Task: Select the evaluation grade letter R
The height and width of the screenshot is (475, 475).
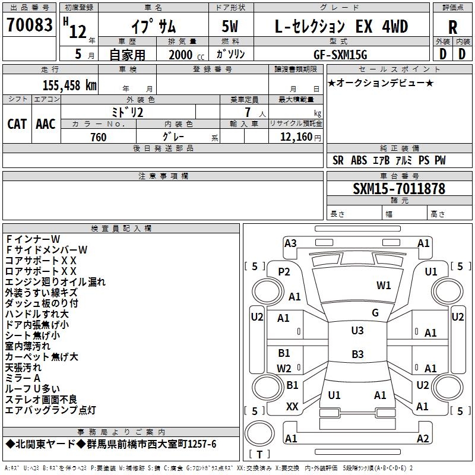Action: pos(452,27)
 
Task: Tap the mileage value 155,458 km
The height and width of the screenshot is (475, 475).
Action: pos(69,85)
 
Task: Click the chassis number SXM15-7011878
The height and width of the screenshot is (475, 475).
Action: pos(398,189)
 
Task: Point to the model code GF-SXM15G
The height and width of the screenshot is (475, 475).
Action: pos(341,54)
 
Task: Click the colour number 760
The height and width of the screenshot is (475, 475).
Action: pos(98,137)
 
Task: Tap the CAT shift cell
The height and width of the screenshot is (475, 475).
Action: pos(17,123)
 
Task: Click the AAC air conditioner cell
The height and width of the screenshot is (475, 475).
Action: pos(46,123)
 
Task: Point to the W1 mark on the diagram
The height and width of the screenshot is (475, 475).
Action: pos(384,286)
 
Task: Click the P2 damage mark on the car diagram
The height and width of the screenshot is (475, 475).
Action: pos(284,271)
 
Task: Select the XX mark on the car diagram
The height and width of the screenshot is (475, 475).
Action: pos(292,407)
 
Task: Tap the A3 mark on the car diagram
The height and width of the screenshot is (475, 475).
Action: pos(290,243)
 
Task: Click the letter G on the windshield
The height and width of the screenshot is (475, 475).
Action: pos(375,312)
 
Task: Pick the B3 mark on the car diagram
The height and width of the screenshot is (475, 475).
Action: pos(357,354)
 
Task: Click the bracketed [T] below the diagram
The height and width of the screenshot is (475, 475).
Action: pos(259,455)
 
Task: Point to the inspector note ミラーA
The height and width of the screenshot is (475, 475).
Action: pos(23,378)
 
